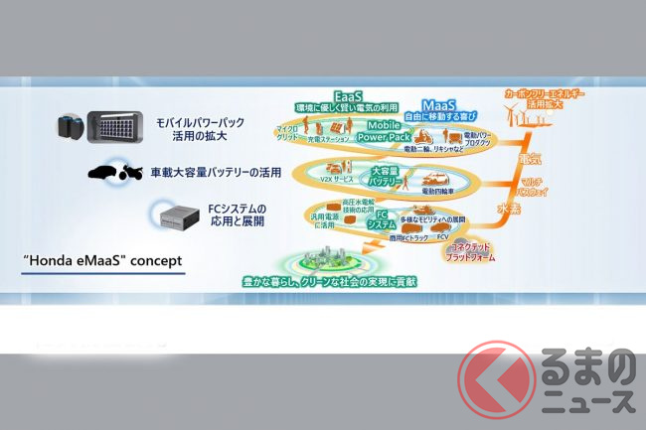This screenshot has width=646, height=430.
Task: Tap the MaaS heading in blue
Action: coord(438,105)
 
